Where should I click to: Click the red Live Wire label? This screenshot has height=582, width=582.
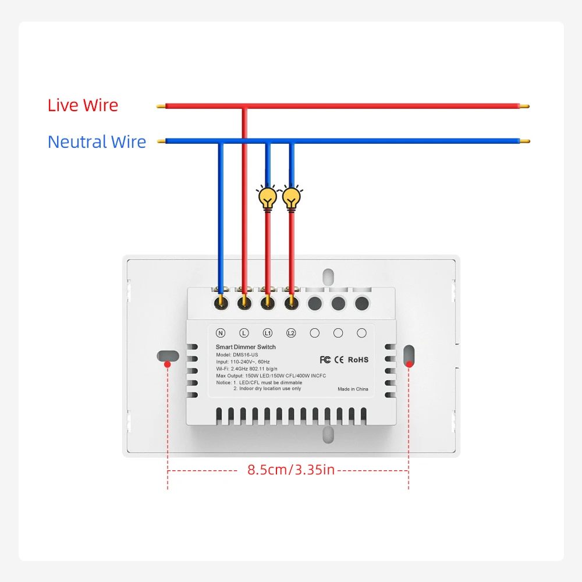(x=83, y=105)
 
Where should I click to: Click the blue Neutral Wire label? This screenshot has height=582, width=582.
(x=97, y=142)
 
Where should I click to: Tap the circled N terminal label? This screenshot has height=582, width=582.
(x=221, y=333)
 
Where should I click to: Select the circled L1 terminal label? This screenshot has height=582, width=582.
(x=268, y=333)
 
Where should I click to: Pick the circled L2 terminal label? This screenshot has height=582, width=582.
(x=291, y=333)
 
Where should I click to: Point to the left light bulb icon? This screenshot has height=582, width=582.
(x=268, y=198)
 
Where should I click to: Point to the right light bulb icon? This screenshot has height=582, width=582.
(x=292, y=198)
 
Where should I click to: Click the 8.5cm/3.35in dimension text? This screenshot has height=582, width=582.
(x=291, y=470)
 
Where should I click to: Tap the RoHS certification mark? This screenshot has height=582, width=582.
(x=358, y=360)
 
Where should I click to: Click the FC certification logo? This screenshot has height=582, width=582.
(x=325, y=360)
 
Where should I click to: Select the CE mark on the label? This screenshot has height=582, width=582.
(x=339, y=360)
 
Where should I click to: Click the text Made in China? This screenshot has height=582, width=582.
(x=353, y=389)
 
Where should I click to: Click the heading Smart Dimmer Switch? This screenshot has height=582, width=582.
(x=246, y=347)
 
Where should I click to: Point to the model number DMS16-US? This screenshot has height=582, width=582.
(x=246, y=355)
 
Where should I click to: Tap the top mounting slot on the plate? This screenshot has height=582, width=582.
(x=328, y=277)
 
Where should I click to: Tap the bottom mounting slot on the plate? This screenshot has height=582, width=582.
(x=328, y=435)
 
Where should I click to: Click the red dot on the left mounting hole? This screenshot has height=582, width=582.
(x=168, y=364)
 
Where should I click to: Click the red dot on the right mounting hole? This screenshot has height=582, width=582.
(x=409, y=364)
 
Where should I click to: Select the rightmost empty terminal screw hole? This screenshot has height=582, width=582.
(x=362, y=303)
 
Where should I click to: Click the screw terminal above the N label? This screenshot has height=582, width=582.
(x=221, y=303)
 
